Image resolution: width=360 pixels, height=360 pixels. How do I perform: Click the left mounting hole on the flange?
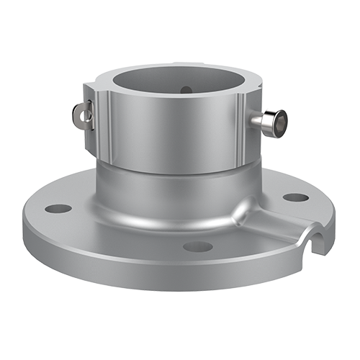[58, 209]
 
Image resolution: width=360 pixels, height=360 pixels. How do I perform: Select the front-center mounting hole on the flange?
[197, 246]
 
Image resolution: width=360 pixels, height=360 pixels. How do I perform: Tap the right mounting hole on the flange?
[295, 197]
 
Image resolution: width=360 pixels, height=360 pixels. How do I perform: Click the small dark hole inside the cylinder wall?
[185, 90]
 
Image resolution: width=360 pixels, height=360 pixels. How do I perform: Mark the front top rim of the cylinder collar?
[173, 94]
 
